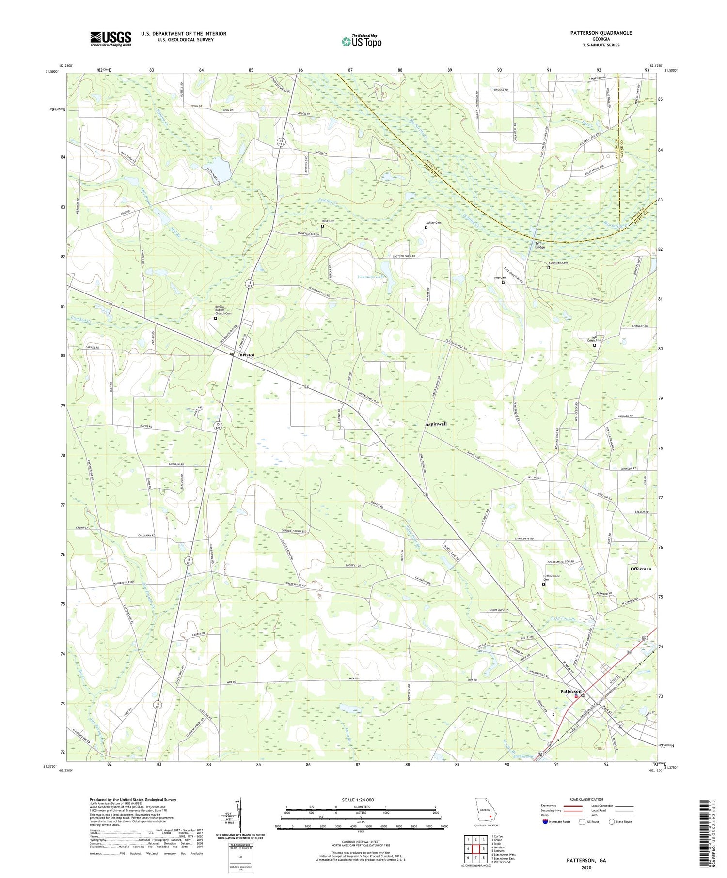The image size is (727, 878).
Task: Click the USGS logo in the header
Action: [111, 39]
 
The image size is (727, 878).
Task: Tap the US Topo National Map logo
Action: [361, 42]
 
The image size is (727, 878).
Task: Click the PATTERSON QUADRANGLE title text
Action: [601, 33]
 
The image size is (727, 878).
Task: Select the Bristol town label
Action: [247, 355]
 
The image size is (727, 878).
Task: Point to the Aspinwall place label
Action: [436, 424]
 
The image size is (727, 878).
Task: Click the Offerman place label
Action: [641, 569]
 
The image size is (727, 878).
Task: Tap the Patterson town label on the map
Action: [570, 691]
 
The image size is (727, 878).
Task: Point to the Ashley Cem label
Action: [433, 223]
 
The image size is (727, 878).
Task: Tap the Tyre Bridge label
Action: [539, 245]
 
